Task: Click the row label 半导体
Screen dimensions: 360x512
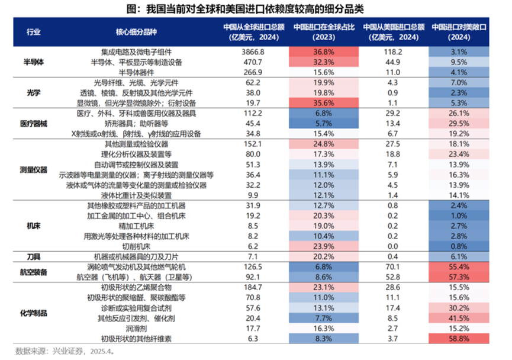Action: tap(36, 62)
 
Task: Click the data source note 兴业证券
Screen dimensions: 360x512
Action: tap(65, 351)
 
